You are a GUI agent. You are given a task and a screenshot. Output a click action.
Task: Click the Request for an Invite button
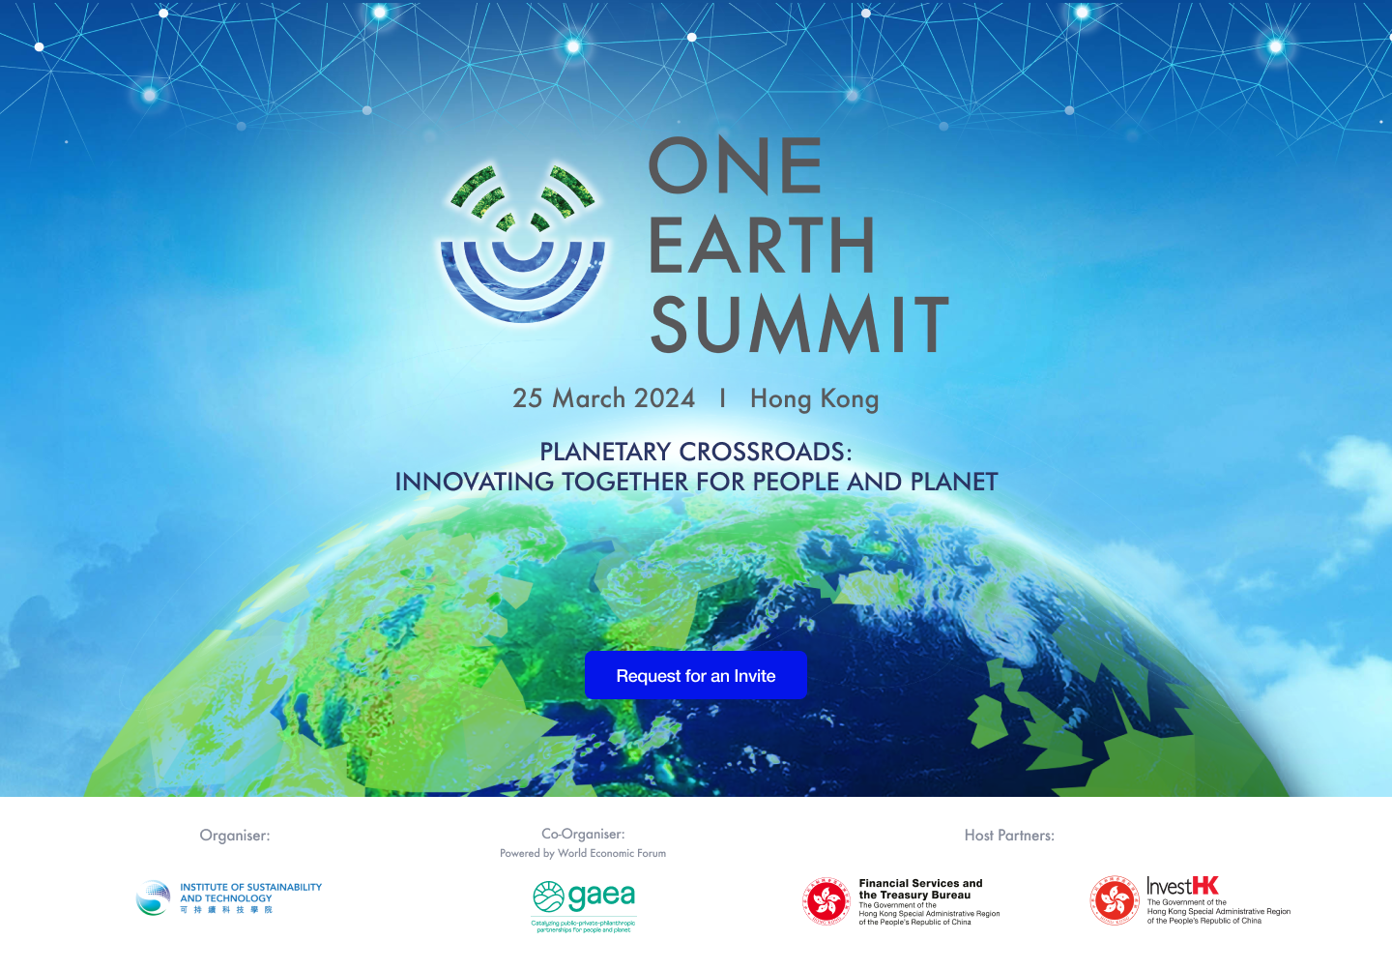696,676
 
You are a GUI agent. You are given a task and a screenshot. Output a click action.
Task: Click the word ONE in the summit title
735,165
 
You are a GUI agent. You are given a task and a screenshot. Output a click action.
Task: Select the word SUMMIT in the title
799,325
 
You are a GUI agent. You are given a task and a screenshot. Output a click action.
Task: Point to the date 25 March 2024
603,398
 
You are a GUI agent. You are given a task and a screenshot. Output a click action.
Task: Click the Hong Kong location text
814,398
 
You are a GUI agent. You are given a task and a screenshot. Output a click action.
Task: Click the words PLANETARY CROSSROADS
696,452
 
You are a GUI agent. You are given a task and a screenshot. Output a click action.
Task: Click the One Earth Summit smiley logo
523,243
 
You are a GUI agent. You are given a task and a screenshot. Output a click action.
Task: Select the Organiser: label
235,836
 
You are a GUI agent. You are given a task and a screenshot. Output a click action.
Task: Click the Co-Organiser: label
583,834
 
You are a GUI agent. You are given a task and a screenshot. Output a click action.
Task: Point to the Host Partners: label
1009,836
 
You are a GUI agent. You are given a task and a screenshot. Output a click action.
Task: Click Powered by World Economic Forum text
583,853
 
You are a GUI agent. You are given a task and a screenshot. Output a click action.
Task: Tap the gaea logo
584,897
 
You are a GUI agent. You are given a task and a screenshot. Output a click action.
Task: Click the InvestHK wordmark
1182,886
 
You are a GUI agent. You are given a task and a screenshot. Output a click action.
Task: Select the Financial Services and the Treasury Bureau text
920,889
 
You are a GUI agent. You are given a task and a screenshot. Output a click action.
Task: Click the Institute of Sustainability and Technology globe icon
154,898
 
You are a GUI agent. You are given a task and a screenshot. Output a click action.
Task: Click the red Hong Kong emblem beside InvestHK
1115,900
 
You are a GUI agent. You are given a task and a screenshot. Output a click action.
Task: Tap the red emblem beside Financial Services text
826,901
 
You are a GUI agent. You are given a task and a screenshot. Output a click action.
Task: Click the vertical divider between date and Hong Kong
722,398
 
